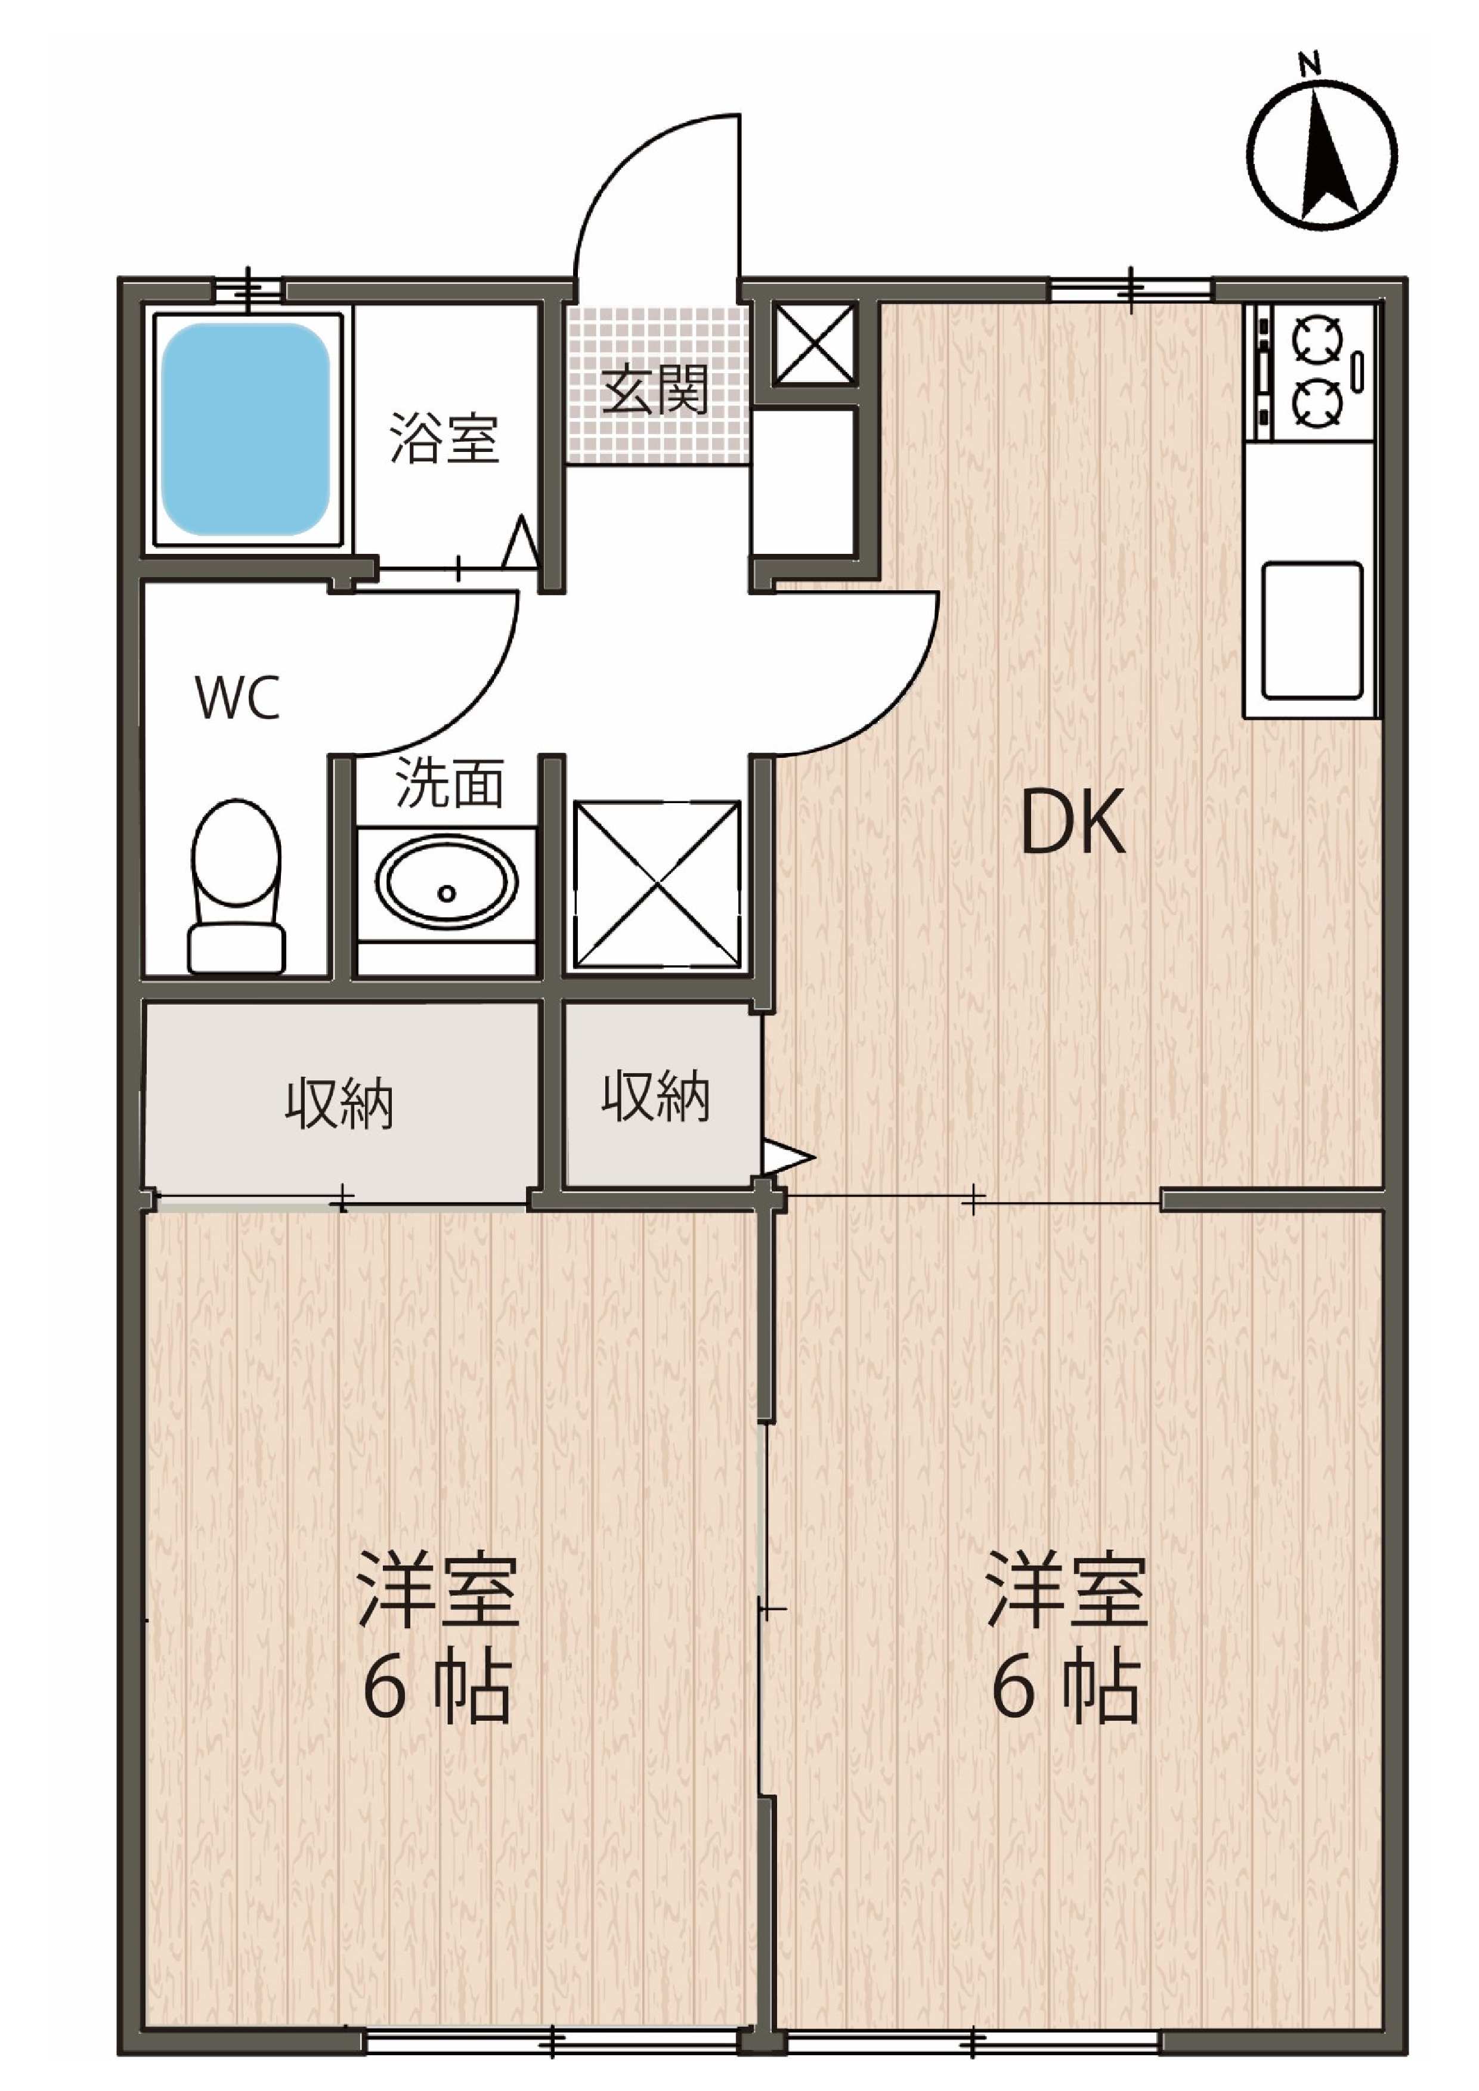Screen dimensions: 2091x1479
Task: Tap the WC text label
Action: [x=237, y=699]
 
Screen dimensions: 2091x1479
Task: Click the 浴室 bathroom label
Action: [x=444, y=438]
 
